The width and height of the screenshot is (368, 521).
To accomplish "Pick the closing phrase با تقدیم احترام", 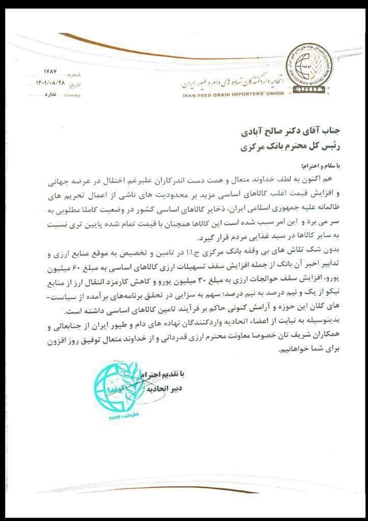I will coord(161,375).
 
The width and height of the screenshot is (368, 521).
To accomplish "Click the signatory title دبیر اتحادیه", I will coord(163,389).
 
